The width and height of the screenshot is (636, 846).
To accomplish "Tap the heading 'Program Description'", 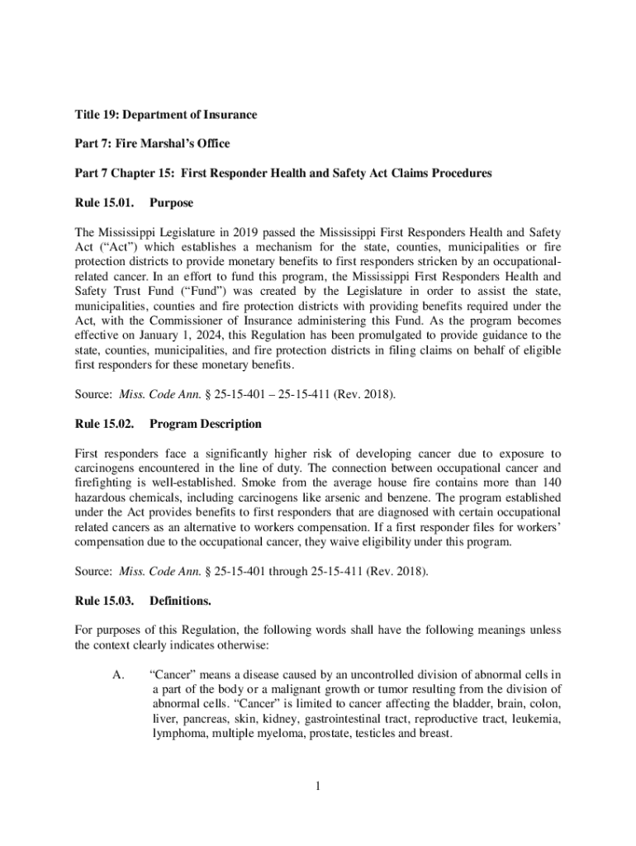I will coord(205,424).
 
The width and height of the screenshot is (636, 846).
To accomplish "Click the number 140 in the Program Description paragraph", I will coord(551,483).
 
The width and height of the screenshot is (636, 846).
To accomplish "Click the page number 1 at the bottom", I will coord(317,785).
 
